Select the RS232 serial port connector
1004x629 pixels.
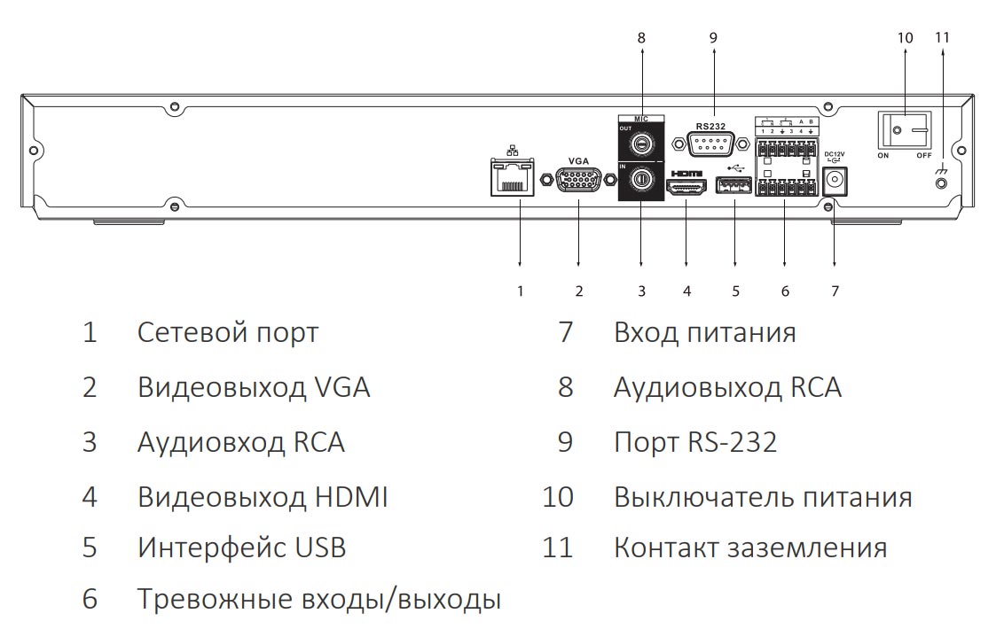pos(711,145)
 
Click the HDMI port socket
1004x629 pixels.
pos(686,188)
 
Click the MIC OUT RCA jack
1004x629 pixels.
pos(639,142)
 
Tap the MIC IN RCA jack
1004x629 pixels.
pos(640,181)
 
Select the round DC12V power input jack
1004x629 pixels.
pos(834,182)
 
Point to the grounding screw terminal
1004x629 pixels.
pos(941,183)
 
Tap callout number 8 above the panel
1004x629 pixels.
pos(641,38)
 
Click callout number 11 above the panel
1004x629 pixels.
pos(942,38)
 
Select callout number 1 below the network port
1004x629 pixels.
pos(521,291)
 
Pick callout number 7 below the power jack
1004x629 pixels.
pos(834,291)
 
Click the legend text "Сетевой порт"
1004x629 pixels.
pos(228,333)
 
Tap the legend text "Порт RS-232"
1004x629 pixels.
pos(695,442)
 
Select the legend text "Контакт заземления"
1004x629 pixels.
pos(750,547)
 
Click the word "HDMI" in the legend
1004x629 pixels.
pos(351,497)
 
